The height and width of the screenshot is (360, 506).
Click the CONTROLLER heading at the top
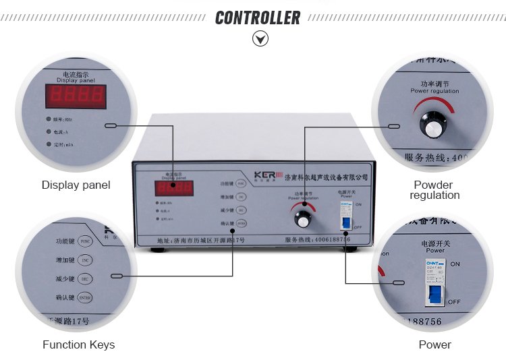click(258, 18)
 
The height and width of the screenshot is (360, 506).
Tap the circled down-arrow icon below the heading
click(260, 39)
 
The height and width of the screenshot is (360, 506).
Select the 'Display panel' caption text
click(76, 185)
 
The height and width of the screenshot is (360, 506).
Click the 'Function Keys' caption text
click(78, 344)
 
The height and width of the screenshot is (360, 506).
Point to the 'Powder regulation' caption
click(434, 190)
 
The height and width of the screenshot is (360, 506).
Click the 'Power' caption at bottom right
click(434, 344)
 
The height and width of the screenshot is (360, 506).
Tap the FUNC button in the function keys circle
click(85, 240)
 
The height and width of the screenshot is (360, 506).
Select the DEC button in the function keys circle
click(85, 278)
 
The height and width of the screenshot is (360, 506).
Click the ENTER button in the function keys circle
click(85, 297)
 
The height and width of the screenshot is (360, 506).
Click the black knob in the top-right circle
click(433, 124)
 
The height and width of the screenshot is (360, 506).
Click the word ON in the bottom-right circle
click(454, 264)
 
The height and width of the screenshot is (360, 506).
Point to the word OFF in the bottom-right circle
click(454, 301)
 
